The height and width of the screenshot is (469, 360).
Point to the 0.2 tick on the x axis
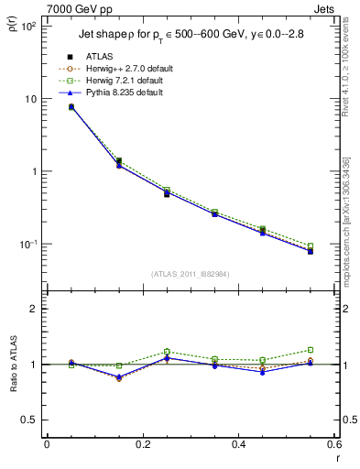[x=142, y=444]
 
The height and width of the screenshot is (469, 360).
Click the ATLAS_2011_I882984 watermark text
[x=189, y=274]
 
